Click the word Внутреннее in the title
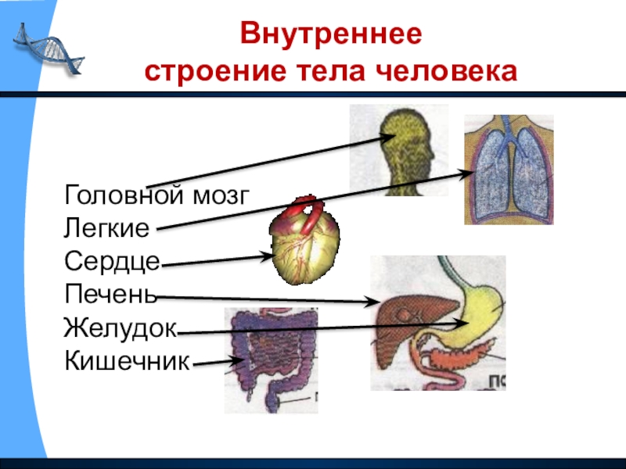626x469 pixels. (331, 36)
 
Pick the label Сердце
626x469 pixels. (113, 263)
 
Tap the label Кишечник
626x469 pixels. (128, 361)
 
